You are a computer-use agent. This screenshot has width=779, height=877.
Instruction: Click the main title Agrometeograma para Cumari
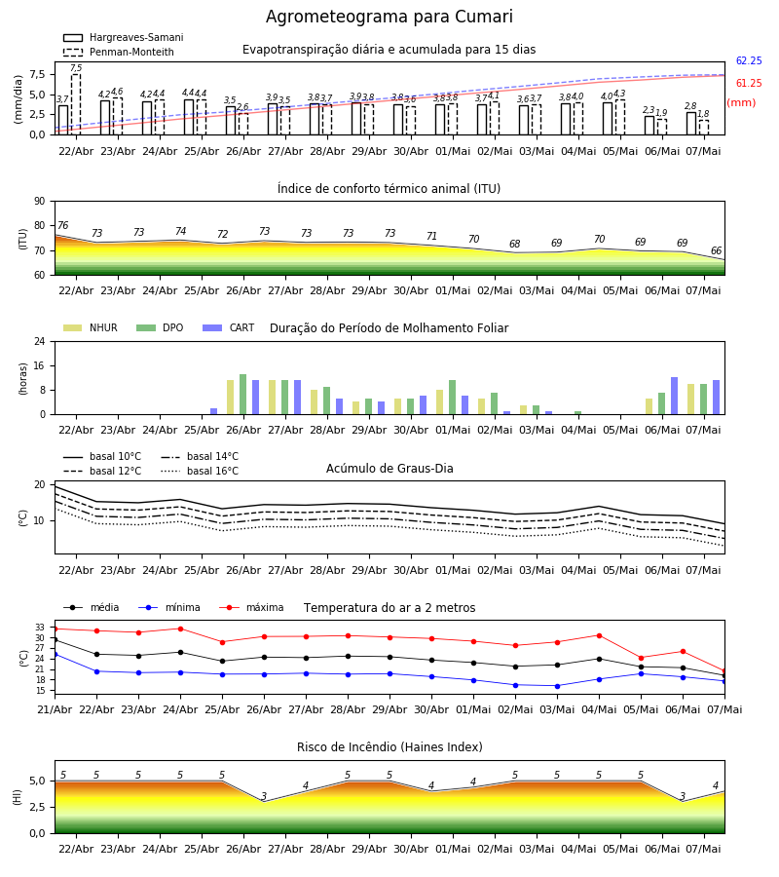click(389, 17)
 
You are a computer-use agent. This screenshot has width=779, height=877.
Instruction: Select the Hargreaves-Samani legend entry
click(123, 37)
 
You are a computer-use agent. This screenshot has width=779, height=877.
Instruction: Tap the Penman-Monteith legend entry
click(119, 52)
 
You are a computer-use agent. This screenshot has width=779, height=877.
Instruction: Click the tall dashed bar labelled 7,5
click(76, 104)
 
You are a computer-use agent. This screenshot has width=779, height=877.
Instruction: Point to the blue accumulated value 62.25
click(749, 61)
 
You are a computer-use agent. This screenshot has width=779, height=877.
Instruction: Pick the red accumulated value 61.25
click(749, 84)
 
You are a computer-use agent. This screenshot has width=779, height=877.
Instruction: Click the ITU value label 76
click(63, 225)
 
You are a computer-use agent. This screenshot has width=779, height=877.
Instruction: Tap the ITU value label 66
click(716, 251)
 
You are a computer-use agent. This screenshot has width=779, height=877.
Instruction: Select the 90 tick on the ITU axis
click(40, 202)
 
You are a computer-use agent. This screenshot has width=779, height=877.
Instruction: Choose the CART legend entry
click(229, 327)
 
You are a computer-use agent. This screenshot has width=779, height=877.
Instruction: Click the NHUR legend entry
click(91, 327)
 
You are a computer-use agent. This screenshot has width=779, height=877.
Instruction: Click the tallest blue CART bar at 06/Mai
click(675, 396)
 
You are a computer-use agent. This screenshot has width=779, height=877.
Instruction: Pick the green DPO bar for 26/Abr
click(243, 395)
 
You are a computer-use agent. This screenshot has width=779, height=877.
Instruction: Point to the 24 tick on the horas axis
click(40, 341)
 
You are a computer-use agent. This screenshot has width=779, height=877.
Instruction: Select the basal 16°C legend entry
click(200, 471)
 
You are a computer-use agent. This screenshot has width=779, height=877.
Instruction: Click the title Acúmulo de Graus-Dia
click(389, 469)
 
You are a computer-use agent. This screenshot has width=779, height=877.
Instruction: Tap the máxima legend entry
click(251, 607)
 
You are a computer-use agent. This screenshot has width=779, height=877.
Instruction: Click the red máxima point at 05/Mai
click(641, 658)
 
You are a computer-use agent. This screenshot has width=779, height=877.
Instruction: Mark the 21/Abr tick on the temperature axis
click(55, 709)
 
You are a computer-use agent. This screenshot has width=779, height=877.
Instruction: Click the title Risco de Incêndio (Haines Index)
click(389, 747)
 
